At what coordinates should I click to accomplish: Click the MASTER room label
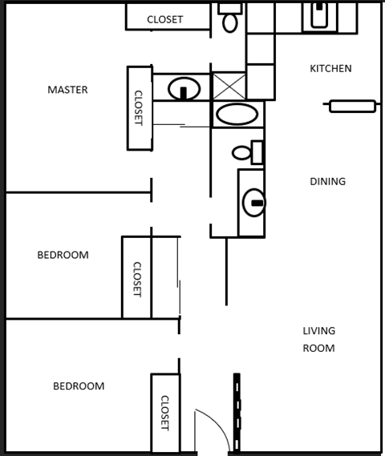(67, 90)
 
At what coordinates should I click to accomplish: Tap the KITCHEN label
(330, 69)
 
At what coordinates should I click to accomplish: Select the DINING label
(327, 182)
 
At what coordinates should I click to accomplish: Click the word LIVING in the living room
(318, 331)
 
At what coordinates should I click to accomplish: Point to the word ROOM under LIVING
(318, 349)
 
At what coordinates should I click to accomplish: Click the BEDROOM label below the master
(63, 256)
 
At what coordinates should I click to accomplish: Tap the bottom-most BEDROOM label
(79, 386)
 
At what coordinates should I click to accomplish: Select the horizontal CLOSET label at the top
(164, 19)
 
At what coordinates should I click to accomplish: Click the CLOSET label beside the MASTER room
(139, 107)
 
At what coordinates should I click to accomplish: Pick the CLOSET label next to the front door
(165, 413)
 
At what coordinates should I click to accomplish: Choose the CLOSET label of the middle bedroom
(136, 279)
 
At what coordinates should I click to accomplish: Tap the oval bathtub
(237, 114)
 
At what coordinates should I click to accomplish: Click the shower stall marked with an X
(228, 86)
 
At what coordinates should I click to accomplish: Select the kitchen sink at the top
(319, 16)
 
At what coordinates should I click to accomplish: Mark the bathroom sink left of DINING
(253, 202)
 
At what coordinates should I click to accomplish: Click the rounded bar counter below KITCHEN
(352, 106)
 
